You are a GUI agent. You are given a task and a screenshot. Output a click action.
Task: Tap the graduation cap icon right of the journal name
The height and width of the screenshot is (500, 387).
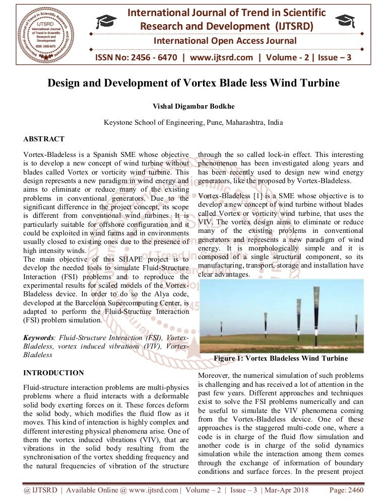tap(347, 20)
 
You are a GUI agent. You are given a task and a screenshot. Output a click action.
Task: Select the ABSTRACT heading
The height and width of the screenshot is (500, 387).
tap(44, 139)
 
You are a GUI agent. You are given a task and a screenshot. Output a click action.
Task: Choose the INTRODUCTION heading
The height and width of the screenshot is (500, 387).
tap(54, 373)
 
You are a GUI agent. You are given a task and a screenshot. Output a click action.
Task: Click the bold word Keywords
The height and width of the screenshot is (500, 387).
tap(40, 338)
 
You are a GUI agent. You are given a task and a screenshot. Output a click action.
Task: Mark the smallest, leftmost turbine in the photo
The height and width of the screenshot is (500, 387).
tap(221, 328)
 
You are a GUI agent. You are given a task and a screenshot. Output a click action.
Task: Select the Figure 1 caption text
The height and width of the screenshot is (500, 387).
tap(281, 359)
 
